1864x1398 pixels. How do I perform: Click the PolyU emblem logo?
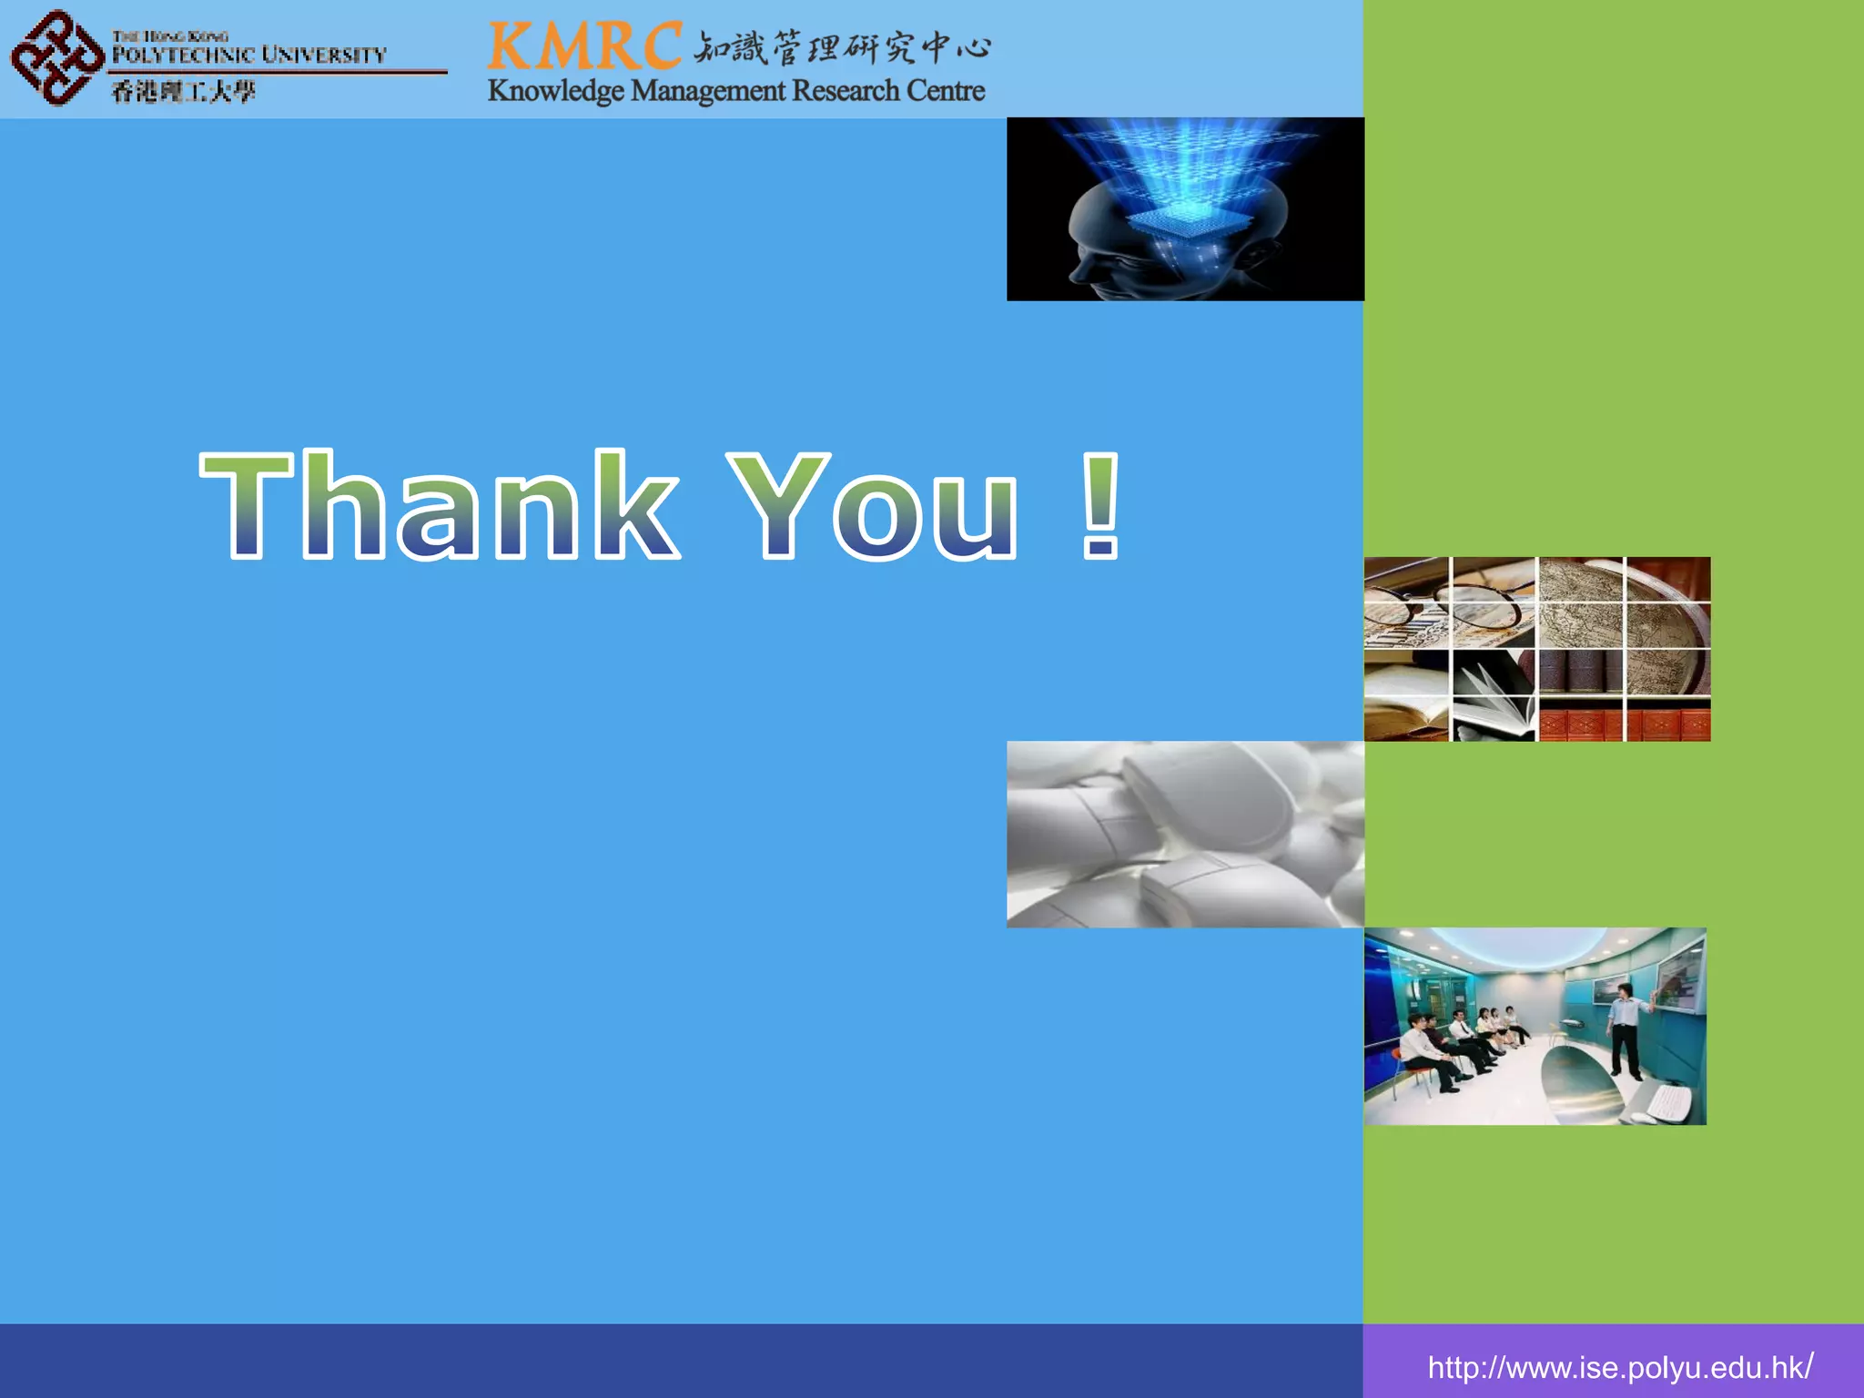click(x=56, y=57)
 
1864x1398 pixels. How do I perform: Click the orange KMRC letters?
click(x=584, y=46)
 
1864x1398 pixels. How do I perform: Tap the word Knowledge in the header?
click(x=555, y=91)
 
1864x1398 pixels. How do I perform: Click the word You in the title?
click(x=874, y=505)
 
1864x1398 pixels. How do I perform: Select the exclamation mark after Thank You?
click(x=1100, y=505)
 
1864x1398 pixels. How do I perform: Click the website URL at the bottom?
click(x=1619, y=1367)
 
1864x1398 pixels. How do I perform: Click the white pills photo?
click(x=1185, y=835)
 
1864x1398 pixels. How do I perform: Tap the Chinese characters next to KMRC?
click(x=842, y=47)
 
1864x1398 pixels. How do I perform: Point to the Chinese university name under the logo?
click(x=183, y=91)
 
